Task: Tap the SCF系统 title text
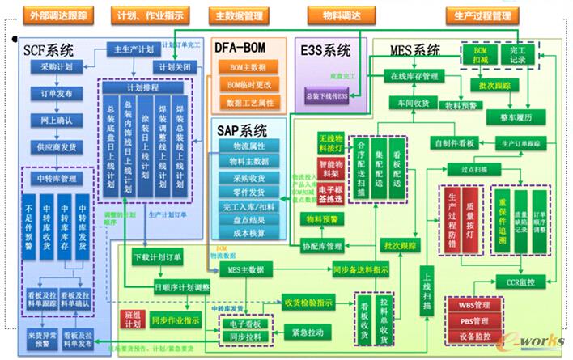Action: click(48, 50)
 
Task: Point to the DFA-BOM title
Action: click(247, 49)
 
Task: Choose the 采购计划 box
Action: click(57, 67)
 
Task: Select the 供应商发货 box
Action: click(57, 147)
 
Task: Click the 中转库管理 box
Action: click(57, 179)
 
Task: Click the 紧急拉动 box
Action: click(308, 332)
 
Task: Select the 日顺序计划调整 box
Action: click(181, 286)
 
